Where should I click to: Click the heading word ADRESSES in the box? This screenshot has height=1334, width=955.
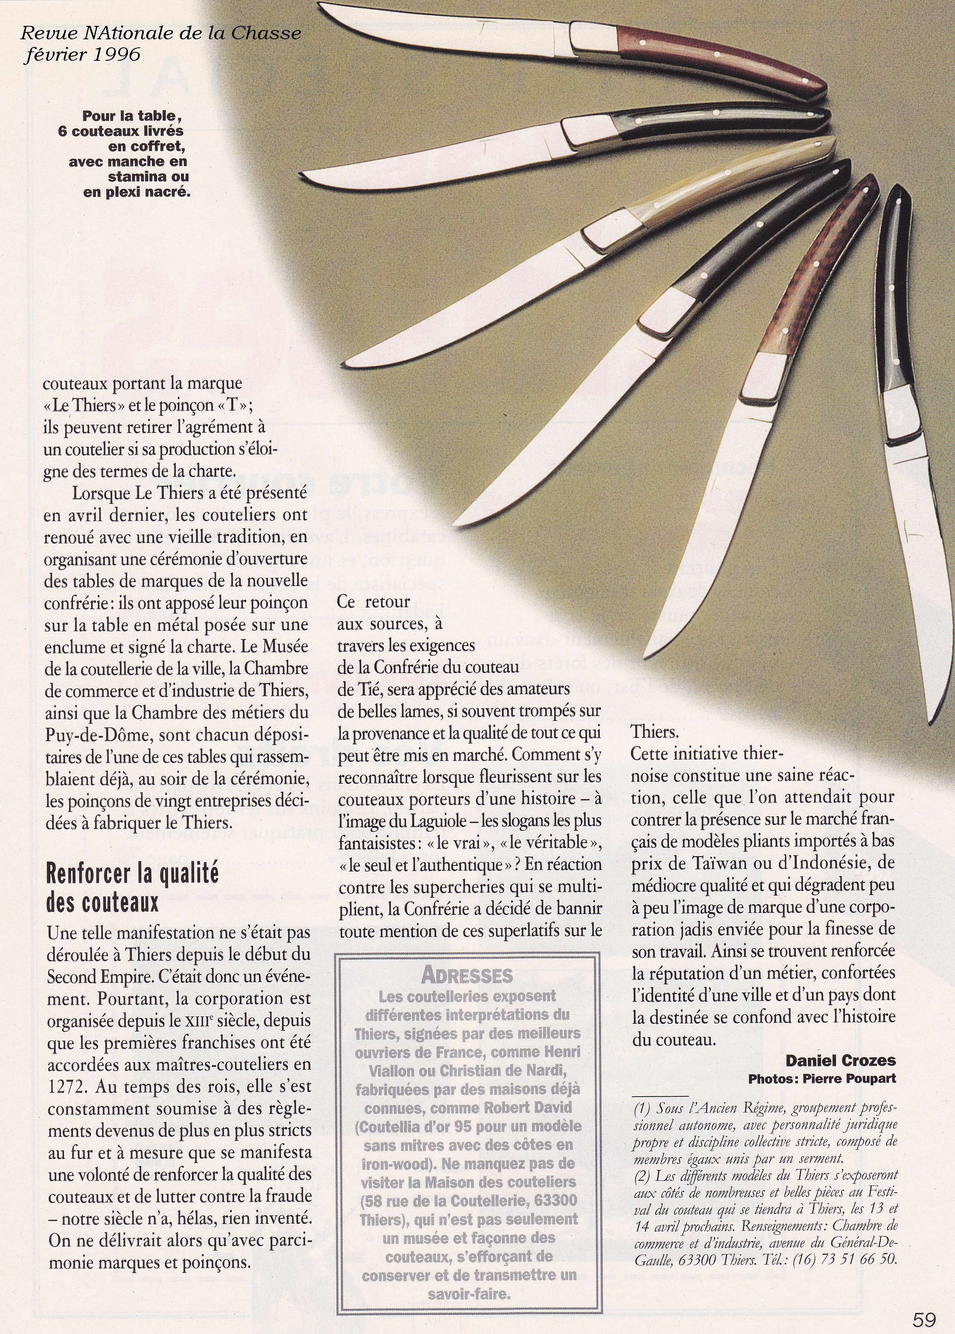(467, 975)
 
